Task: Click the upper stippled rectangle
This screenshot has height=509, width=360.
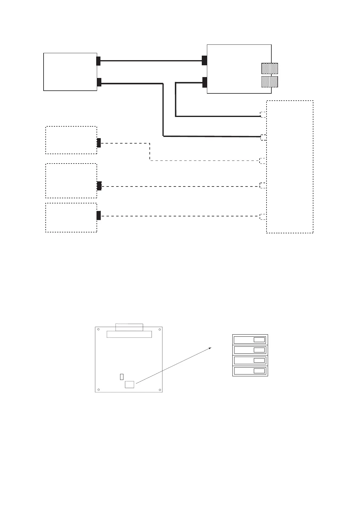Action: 270,69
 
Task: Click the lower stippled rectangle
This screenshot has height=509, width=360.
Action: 270,82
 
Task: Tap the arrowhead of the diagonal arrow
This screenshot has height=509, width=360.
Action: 210,349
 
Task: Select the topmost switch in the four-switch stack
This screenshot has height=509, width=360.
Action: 250,340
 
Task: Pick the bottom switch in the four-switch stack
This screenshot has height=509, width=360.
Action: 250,371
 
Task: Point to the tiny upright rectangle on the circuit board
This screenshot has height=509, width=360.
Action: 122,377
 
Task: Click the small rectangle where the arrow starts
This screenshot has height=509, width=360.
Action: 129,384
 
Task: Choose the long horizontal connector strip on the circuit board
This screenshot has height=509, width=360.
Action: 129,334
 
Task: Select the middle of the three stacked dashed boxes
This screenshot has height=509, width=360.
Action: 71,181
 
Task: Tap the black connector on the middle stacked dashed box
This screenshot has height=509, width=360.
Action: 99,186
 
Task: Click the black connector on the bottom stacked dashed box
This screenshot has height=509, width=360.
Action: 99,216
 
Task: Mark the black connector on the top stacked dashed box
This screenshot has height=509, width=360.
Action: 99,143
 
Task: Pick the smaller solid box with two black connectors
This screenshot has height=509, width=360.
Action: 70,72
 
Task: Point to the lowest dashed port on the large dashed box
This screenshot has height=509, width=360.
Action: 263,216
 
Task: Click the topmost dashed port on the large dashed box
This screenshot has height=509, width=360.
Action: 263,114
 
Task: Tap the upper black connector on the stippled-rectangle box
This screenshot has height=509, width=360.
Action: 205,60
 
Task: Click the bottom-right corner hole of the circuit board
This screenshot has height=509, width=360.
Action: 159,389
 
